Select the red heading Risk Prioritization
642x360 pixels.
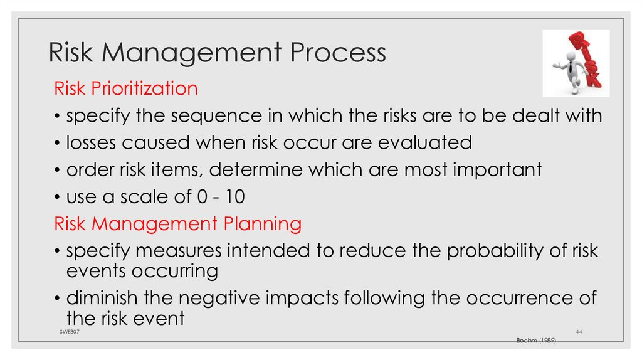[x=126, y=88]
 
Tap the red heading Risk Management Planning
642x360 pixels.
[x=178, y=223]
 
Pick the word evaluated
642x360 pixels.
[x=424, y=142]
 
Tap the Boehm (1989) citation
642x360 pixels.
[x=536, y=339]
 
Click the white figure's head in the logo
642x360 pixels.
[x=570, y=57]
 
